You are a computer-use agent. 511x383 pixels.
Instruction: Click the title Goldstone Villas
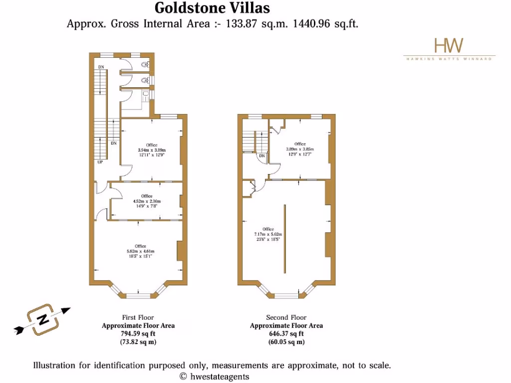[x=212, y=8]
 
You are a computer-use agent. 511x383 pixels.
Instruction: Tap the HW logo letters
[x=449, y=45]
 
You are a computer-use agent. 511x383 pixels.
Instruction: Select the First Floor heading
[x=138, y=317]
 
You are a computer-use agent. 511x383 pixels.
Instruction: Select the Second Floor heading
[x=286, y=317]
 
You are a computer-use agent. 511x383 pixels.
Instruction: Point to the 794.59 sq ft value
[x=138, y=334]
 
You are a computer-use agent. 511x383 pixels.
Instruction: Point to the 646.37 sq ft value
[x=286, y=334]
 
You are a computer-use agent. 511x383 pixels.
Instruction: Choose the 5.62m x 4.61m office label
[x=140, y=251]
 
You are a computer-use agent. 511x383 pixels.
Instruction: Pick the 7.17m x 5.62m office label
[x=268, y=234]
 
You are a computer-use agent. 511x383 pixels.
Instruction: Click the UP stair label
[x=100, y=162]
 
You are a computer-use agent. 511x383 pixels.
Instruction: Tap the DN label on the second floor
[x=261, y=156]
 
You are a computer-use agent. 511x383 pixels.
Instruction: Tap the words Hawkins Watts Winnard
[x=449, y=59]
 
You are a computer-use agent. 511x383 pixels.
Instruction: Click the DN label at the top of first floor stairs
[x=101, y=67]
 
